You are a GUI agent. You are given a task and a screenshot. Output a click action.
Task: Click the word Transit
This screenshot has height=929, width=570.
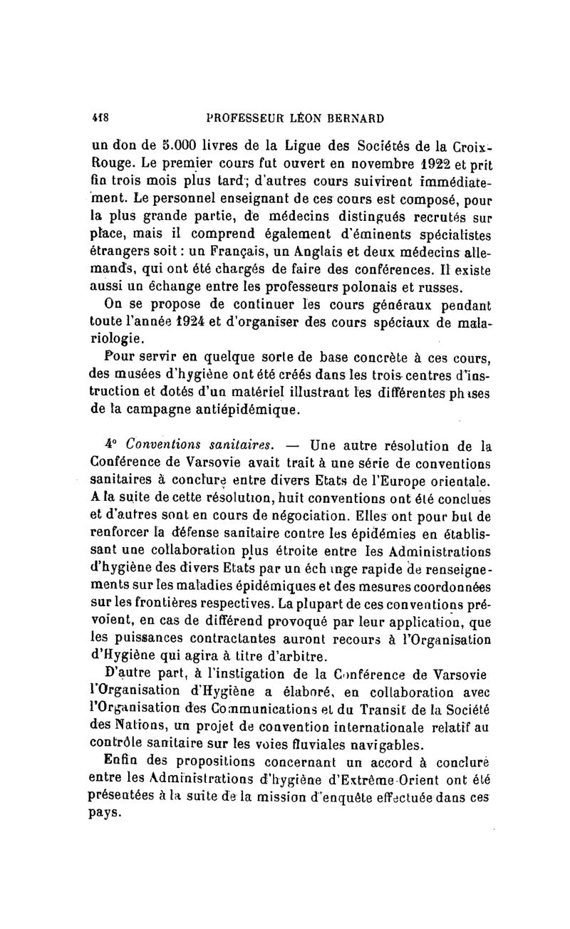pos(386,725)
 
